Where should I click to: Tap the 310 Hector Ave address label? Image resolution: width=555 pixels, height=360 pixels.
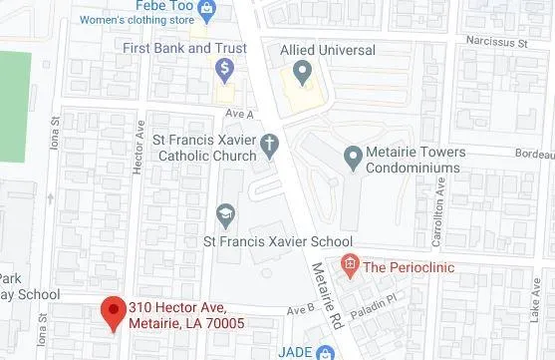pyautogui.click(x=185, y=314)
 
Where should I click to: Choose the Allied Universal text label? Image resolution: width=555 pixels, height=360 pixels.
pyautogui.click(x=328, y=49)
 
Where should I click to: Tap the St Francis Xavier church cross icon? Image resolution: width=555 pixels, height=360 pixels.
pyautogui.click(x=269, y=146)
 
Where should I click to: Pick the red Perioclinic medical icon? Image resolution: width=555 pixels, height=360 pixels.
pyautogui.click(x=348, y=265)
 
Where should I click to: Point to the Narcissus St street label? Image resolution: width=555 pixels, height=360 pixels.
pyautogui.click(x=501, y=42)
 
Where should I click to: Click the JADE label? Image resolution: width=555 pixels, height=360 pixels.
pyautogui.click(x=289, y=351)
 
